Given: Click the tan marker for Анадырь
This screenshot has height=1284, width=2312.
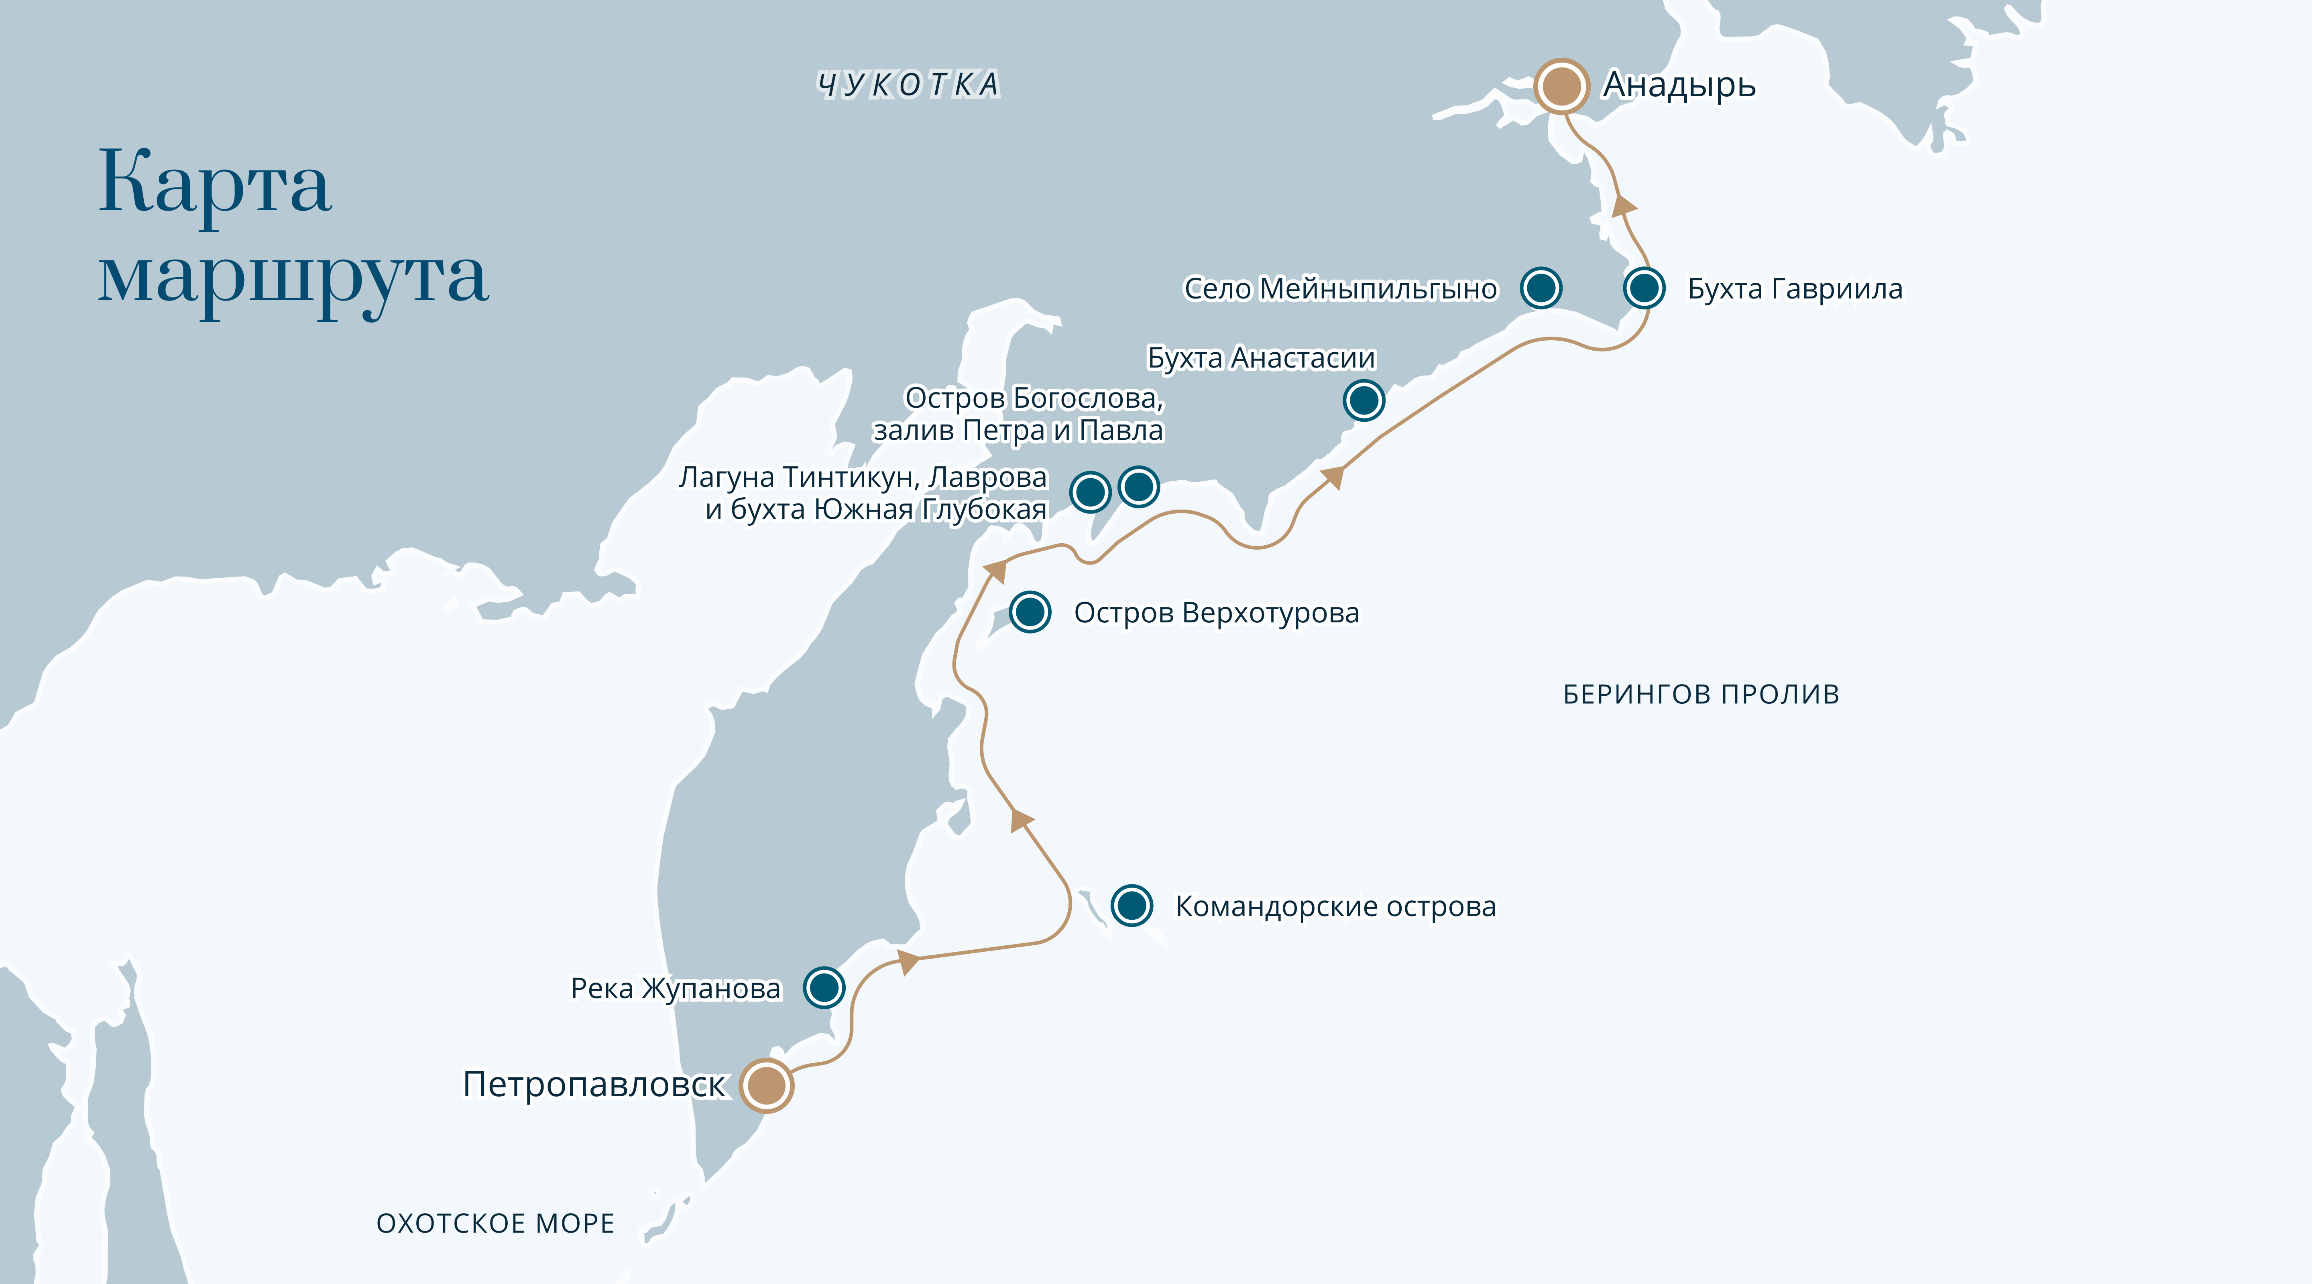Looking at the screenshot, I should [x=1561, y=86].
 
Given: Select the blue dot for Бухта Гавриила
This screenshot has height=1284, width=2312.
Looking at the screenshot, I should [x=1644, y=288].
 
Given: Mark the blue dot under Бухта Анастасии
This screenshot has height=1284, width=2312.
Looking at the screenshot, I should [x=1364, y=400].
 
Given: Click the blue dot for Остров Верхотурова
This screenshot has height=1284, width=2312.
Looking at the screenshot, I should [x=1030, y=612].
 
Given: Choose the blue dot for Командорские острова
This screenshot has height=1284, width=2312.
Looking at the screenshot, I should [x=1132, y=905].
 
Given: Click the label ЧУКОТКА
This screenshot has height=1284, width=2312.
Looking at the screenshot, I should [x=908, y=84].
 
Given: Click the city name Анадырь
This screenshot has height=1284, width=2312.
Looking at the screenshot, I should [x=1678, y=85].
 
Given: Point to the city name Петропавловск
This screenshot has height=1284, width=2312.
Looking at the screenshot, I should [x=593, y=1085].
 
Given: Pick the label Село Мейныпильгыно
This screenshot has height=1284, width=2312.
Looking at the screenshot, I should [x=1340, y=289].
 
